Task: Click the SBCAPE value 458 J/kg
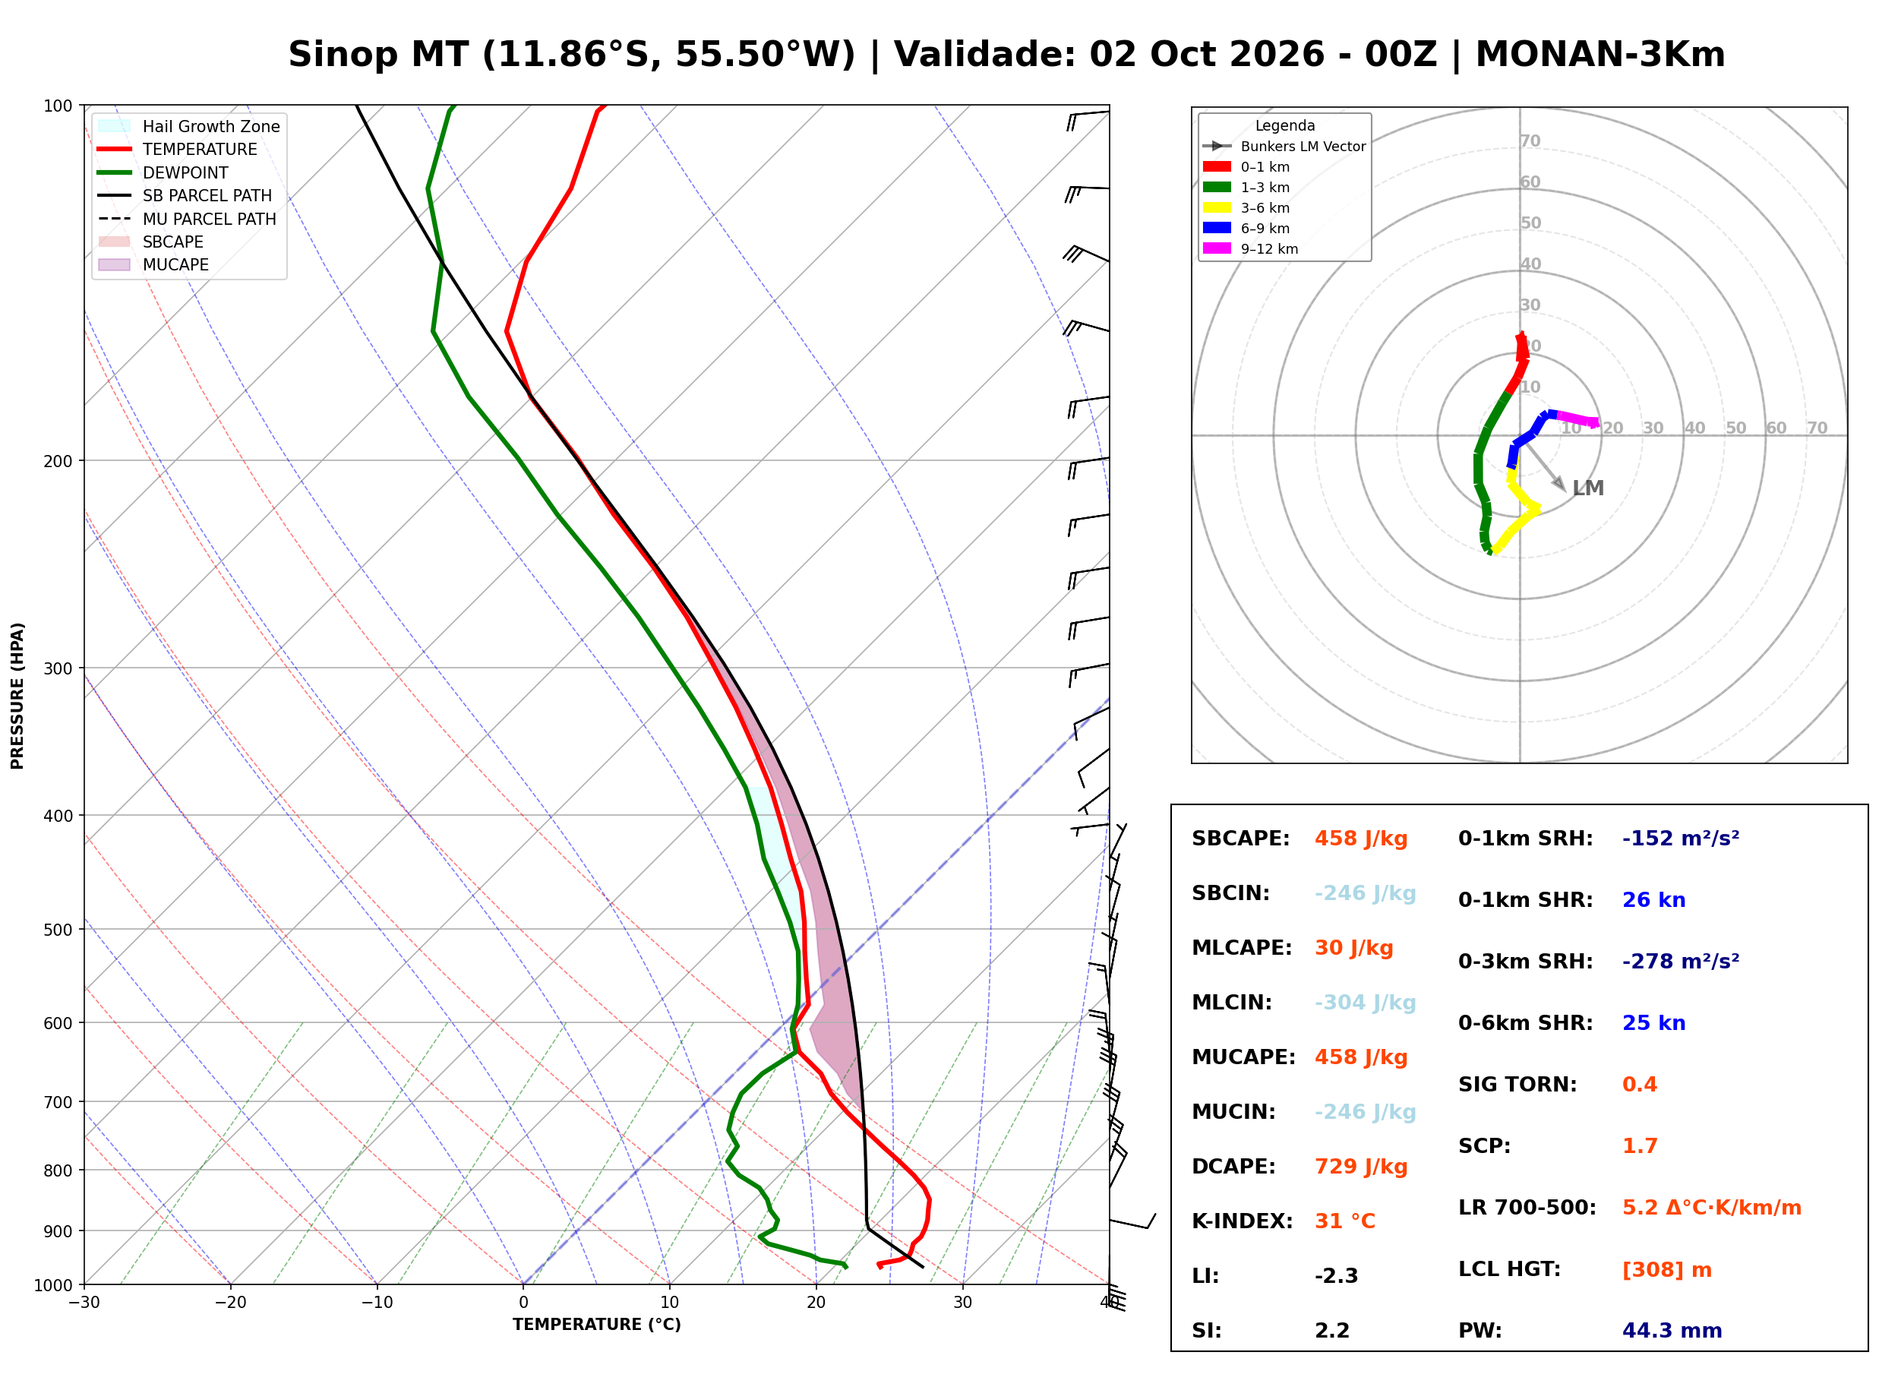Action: (1360, 839)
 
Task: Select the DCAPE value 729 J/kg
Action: (1360, 1167)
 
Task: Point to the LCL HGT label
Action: (1509, 1270)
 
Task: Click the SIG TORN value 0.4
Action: (1639, 1085)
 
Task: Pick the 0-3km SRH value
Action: (1680, 961)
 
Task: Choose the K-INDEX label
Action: (1242, 1221)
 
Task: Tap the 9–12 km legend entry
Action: (1250, 249)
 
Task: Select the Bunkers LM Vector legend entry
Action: (1284, 147)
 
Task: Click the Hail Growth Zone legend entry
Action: (189, 126)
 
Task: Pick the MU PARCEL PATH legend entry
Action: (188, 219)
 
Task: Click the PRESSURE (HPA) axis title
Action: (17, 696)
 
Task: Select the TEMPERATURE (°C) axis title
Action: (597, 1325)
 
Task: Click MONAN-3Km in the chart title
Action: (1600, 55)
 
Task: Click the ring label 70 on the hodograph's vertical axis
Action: (1530, 141)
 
